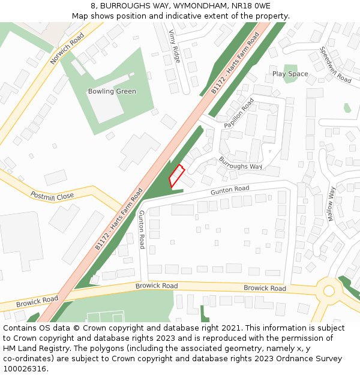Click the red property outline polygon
(x=176, y=175)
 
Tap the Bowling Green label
(x=112, y=92)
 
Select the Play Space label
(x=290, y=74)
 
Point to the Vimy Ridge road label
(x=175, y=46)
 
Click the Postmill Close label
(x=52, y=196)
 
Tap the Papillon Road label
(x=239, y=113)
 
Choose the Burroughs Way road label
(x=241, y=163)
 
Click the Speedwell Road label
(x=335, y=65)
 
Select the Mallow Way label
(x=331, y=204)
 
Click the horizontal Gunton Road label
(x=230, y=190)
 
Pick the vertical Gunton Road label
(x=142, y=229)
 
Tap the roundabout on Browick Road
(x=329, y=291)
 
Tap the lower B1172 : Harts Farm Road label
(x=119, y=219)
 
